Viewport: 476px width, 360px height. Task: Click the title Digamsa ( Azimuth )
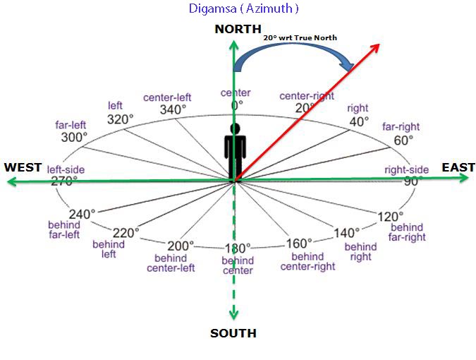coord(243,8)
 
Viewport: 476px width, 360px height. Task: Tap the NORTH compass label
coord(238,29)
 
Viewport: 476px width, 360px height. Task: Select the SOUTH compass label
coord(233,333)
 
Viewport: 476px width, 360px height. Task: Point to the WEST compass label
coord(23,167)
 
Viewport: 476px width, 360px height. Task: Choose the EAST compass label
coord(458,167)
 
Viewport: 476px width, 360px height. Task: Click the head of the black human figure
coord(235,128)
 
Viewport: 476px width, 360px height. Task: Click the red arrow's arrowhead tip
coord(379,44)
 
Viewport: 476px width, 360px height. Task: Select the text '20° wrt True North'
coord(300,37)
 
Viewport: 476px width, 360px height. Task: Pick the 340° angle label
coord(173,109)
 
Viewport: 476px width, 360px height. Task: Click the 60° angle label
coord(403,140)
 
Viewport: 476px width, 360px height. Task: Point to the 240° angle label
coord(82,214)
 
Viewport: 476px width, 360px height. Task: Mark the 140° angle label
coord(347,233)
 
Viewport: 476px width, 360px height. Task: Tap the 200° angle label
coord(181,246)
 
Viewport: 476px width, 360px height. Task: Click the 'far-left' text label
coord(71,125)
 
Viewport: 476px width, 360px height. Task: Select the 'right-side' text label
coord(406,169)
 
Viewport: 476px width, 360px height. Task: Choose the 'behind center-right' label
coord(307,262)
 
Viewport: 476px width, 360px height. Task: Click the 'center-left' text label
coord(167,97)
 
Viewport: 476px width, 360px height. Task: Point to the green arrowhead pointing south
coord(233,315)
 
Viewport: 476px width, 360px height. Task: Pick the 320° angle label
coord(120,119)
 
